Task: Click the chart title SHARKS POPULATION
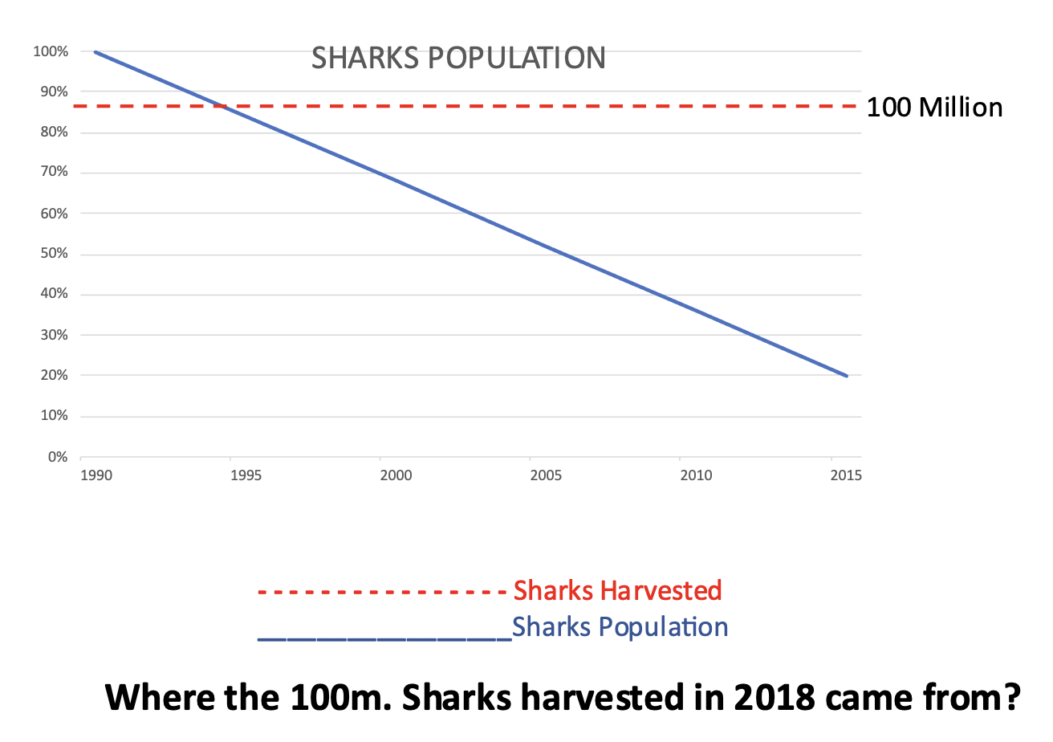[x=457, y=58]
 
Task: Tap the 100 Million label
[x=934, y=108]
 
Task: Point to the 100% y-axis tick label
[x=51, y=51]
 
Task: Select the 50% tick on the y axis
[x=53, y=254]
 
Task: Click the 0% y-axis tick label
[x=56, y=457]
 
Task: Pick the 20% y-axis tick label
[x=53, y=376]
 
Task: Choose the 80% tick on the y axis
[x=53, y=132]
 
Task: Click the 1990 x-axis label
[x=96, y=475]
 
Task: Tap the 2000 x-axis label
[x=396, y=475]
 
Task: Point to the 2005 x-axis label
[x=546, y=475]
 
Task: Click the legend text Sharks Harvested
[x=617, y=590]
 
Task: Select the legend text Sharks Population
[x=620, y=626]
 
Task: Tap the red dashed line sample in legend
[x=384, y=593]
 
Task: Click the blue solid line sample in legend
[x=384, y=639]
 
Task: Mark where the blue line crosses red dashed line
[x=219, y=106]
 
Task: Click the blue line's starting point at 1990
[x=95, y=52]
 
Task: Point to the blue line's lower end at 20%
[x=847, y=376]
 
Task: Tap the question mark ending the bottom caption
[x=1009, y=696]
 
